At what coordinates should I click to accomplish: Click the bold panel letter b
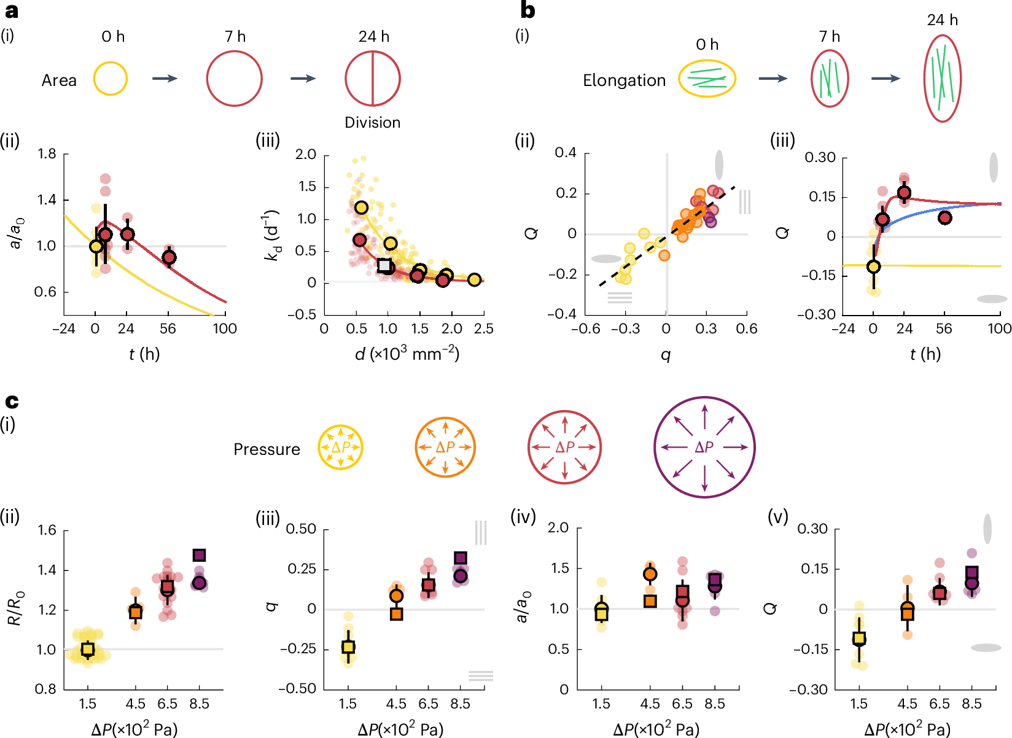[x=527, y=10]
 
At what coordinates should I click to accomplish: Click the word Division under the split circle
[x=372, y=122]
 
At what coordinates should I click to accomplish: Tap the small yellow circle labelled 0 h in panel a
[x=111, y=79]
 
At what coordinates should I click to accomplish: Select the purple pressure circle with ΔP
[x=704, y=447]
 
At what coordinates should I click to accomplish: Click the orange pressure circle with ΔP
[x=445, y=447]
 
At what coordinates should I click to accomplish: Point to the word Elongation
[x=624, y=80]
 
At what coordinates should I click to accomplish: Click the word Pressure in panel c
[x=267, y=449]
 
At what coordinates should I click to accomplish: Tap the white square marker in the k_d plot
[x=384, y=265]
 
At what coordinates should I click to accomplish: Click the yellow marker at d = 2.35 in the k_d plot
[x=474, y=279]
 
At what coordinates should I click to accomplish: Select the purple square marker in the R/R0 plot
[x=199, y=555]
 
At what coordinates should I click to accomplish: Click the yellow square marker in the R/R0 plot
[x=88, y=649]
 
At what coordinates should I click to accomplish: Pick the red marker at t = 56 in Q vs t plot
[x=944, y=217]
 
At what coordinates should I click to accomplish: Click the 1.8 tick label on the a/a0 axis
[x=47, y=153]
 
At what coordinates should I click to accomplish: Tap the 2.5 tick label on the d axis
[x=483, y=328]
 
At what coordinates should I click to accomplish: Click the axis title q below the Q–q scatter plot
[x=666, y=354]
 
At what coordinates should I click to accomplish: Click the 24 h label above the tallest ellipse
[x=942, y=20]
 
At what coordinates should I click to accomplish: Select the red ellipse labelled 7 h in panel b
[x=830, y=79]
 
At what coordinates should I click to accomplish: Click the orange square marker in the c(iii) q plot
[x=397, y=613]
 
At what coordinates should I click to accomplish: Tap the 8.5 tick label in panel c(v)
[x=971, y=704]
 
